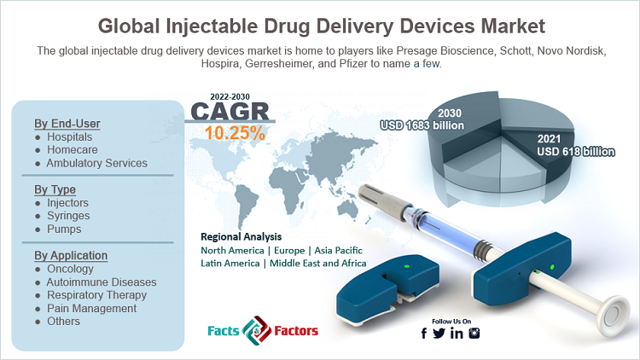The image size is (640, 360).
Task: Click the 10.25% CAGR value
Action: pyautogui.click(x=235, y=133)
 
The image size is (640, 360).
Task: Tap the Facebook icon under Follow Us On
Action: pyautogui.click(x=424, y=334)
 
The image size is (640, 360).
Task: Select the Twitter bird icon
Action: pyautogui.click(x=439, y=334)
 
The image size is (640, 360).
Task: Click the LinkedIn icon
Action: pyautogui.click(x=457, y=334)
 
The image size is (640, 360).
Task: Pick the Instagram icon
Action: pyautogui.click(x=474, y=333)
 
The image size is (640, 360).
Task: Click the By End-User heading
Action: pyautogui.click(x=67, y=123)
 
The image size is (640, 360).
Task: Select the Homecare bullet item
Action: pyautogui.click(x=73, y=150)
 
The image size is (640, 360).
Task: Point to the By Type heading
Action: pyautogui.click(x=55, y=189)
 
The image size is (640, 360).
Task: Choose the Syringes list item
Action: pyautogui.click(x=68, y=216)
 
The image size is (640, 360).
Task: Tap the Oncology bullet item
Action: pyautogui.click(x=70, y=269)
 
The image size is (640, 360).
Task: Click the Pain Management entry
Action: pyautogui.click(x=92, y=308)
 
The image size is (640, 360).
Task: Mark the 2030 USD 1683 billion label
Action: pyautogui.click(x=422, y=119)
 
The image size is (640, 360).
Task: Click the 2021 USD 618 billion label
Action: pyautogui.click(x=575, y=145)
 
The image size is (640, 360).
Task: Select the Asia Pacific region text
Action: pyautogui.click(x=339, y=250)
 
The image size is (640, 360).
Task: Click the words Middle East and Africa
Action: pyautogui.click(x=318, y=264)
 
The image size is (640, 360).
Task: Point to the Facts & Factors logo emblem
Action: pyautogui.click(x=257, y=331)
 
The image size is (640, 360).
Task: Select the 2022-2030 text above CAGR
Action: pyautogui.click(x=230, y=96)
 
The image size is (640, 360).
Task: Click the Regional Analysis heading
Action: pyautogui.click(x=241, y=237)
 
